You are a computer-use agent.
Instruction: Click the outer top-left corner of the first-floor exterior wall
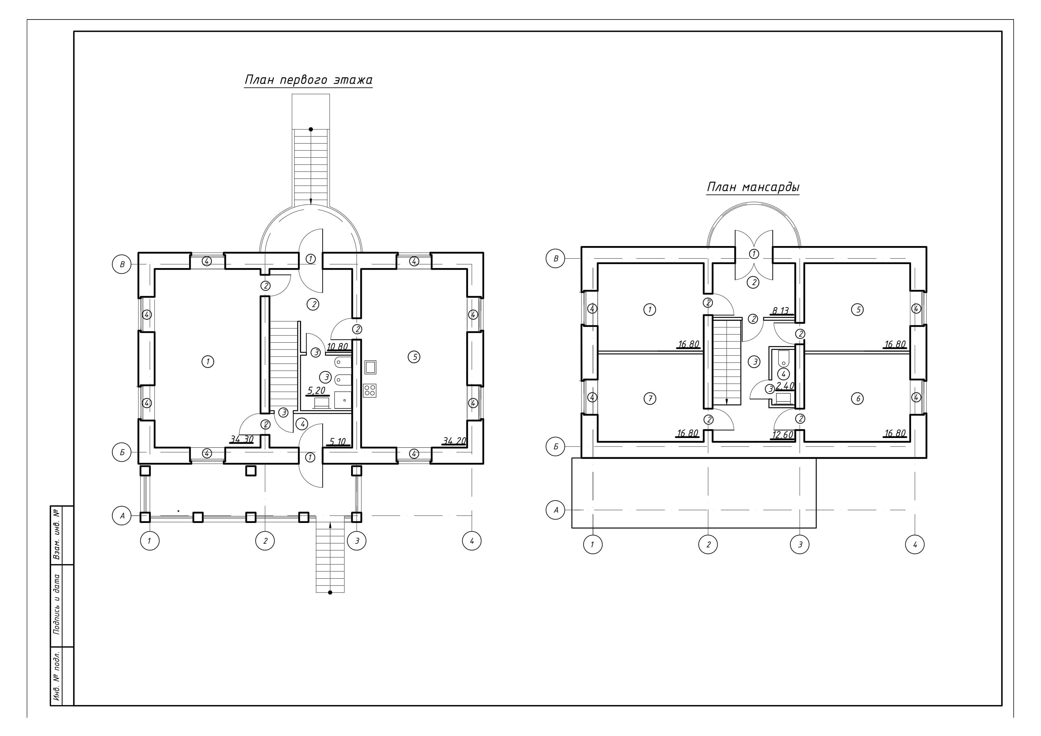(138, 253)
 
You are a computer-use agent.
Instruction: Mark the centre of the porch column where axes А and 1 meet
(145, 517)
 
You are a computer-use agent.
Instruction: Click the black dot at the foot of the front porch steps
(330, 592)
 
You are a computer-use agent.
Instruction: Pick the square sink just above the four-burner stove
(370, 367)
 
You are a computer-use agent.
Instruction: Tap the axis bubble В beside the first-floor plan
(121, 264)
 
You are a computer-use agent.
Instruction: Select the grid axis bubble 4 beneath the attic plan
(915, 544)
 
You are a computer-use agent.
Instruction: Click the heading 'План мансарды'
(753, 187)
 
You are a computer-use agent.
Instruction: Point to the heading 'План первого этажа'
(308, 80)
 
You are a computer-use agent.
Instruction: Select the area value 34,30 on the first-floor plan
(242, 439)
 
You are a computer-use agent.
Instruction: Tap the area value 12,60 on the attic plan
(783, 435)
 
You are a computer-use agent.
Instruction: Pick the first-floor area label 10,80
(337, 347)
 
